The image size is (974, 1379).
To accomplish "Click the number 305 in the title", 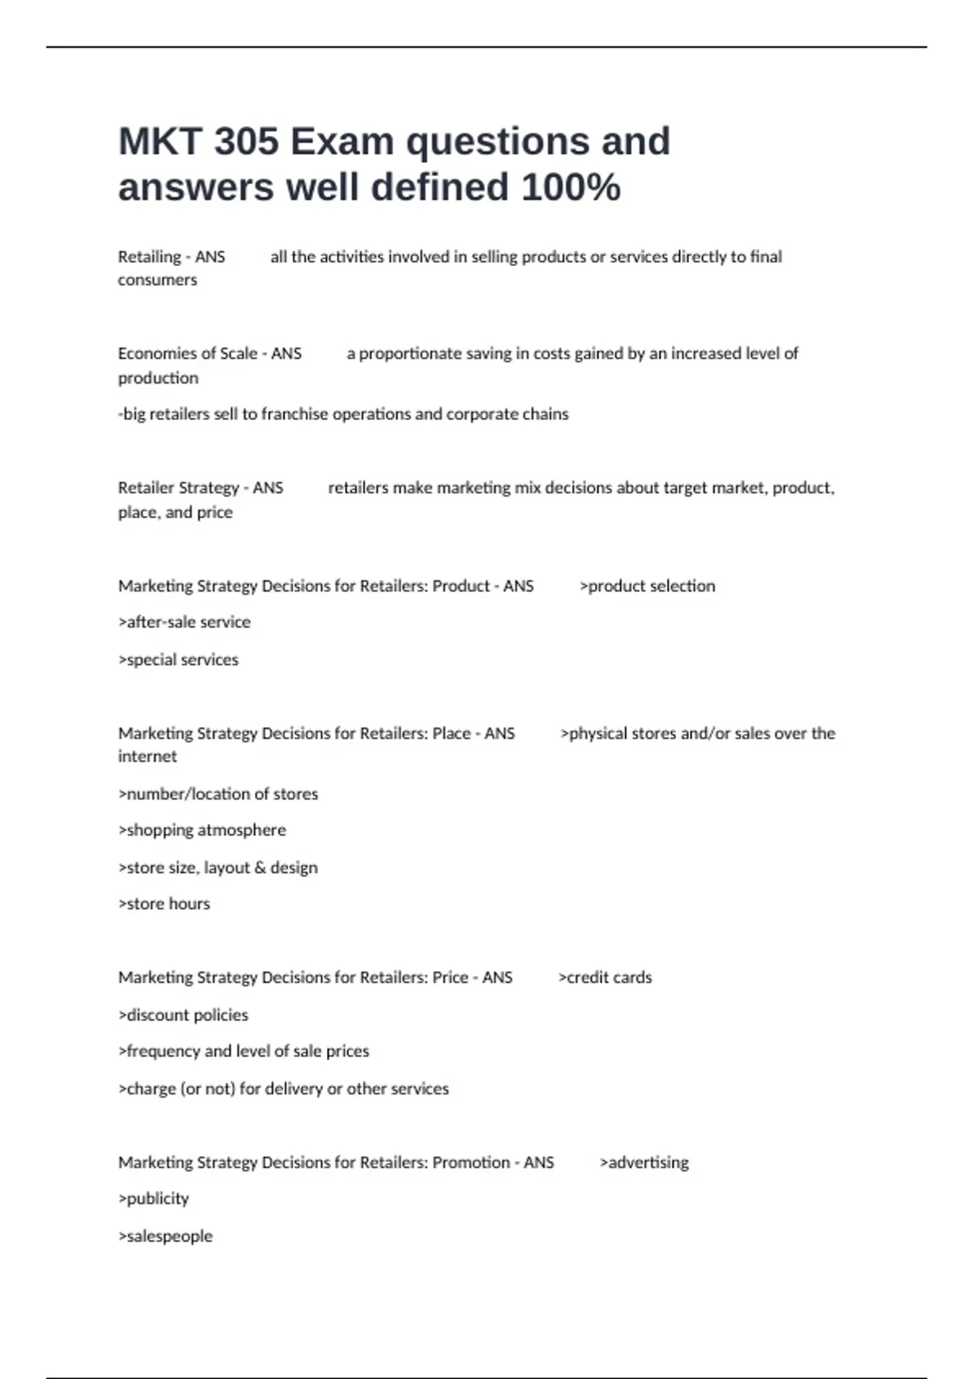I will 246,142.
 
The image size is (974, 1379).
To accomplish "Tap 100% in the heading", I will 571,187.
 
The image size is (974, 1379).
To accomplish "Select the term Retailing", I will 149,257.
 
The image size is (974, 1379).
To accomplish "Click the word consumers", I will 157,280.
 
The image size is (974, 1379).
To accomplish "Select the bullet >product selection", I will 648,586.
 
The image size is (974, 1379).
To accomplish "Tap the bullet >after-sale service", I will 184,622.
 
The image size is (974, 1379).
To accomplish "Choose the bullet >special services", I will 179,659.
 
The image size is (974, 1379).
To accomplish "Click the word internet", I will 147,757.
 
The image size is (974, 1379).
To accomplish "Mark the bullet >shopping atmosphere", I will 202,831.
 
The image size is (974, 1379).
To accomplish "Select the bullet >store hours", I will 164,904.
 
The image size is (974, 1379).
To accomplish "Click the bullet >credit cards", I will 606,977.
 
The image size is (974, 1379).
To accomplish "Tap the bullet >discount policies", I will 183,1015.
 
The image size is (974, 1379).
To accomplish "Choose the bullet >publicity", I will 153,1199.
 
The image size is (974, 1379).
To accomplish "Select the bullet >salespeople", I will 166,1236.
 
